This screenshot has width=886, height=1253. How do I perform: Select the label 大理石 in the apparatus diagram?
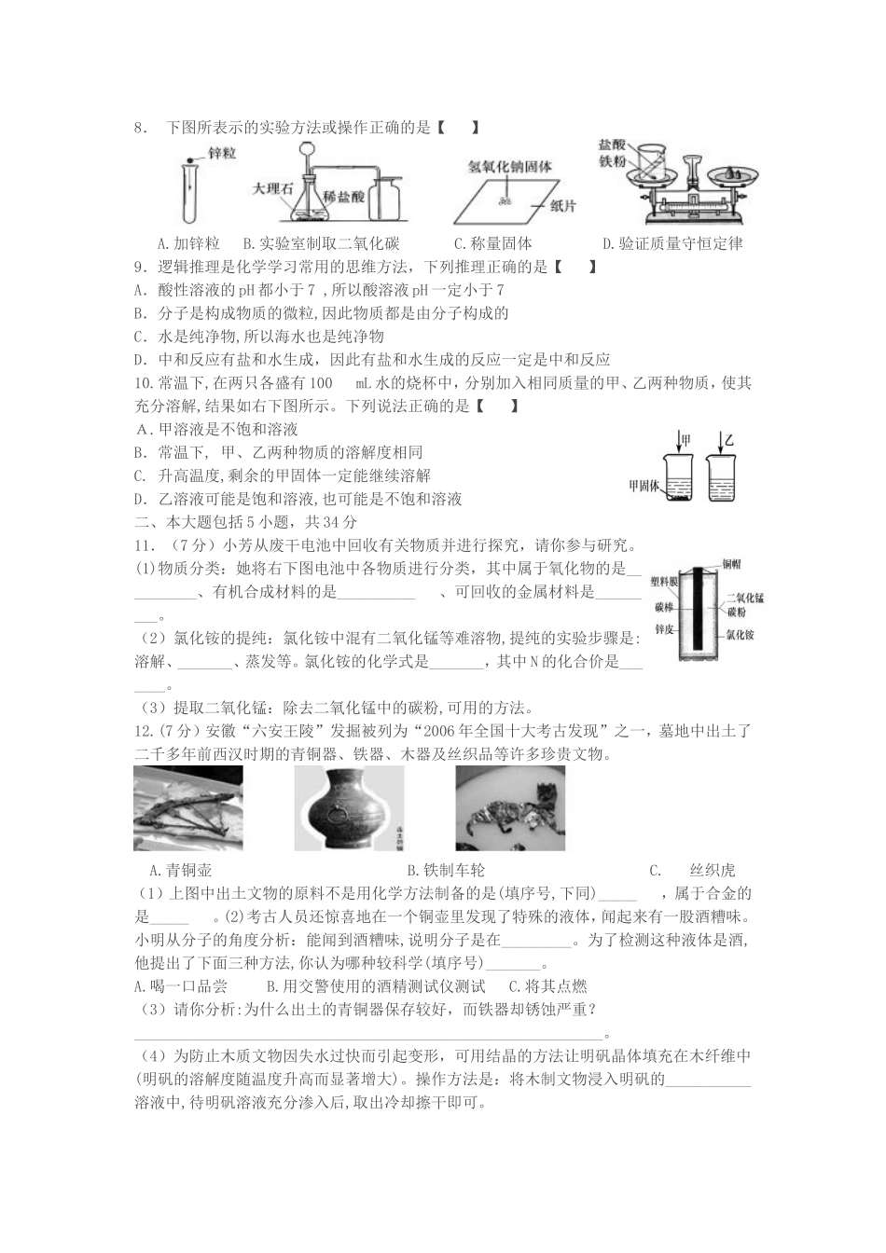272,187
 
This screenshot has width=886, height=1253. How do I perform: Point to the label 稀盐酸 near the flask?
344,198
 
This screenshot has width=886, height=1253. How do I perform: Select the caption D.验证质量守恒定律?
672,244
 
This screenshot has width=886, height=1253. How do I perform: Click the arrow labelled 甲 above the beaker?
680,437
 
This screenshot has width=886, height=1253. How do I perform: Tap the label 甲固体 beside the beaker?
644,486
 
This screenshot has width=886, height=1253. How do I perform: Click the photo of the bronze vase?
336,807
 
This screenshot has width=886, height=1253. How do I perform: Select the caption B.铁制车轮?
448,871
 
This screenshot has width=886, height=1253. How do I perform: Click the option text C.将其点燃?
547,986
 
